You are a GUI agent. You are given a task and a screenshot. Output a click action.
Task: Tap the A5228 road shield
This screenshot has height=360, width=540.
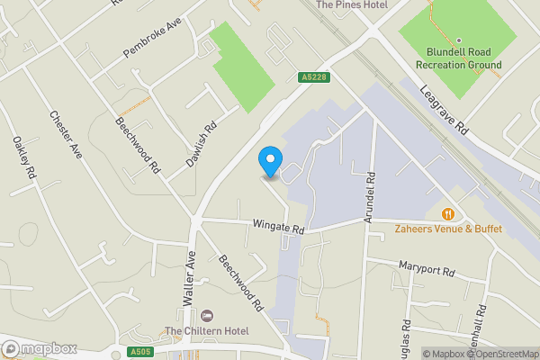pos(310,78)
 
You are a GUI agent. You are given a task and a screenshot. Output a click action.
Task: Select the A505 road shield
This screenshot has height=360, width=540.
pos(139,352)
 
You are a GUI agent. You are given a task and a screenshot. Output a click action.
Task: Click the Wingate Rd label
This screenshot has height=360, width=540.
pos(280,229)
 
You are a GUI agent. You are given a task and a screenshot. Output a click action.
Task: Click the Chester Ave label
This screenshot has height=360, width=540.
pos(67,135)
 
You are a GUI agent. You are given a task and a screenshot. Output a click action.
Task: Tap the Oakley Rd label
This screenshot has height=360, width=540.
pos(22,157)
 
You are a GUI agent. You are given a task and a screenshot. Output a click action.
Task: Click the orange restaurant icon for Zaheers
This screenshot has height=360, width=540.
pos(447,213)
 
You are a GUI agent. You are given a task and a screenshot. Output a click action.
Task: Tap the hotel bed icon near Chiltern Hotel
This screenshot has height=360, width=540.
pos(208,316)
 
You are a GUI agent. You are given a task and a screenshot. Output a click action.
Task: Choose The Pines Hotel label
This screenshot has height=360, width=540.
pos(352,4)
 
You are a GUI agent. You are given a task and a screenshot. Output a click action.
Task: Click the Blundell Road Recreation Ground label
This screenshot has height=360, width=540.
pos(457,58)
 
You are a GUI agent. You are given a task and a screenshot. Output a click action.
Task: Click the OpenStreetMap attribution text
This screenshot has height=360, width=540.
pos(499,353)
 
